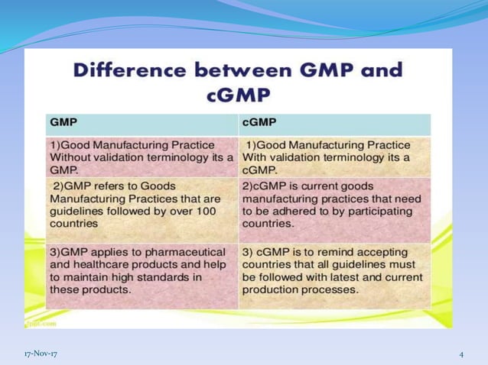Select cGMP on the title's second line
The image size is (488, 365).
[238, 95]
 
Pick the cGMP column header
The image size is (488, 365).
[259, 121]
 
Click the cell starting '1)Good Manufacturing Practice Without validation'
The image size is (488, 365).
[141, 157]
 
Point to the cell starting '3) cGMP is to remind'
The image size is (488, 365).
[333, 270]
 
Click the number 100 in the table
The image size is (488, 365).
[203, 211]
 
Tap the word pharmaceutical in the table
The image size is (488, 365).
[181, 251]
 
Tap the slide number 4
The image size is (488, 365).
[462, 354]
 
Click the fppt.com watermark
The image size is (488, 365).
[37, 322]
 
